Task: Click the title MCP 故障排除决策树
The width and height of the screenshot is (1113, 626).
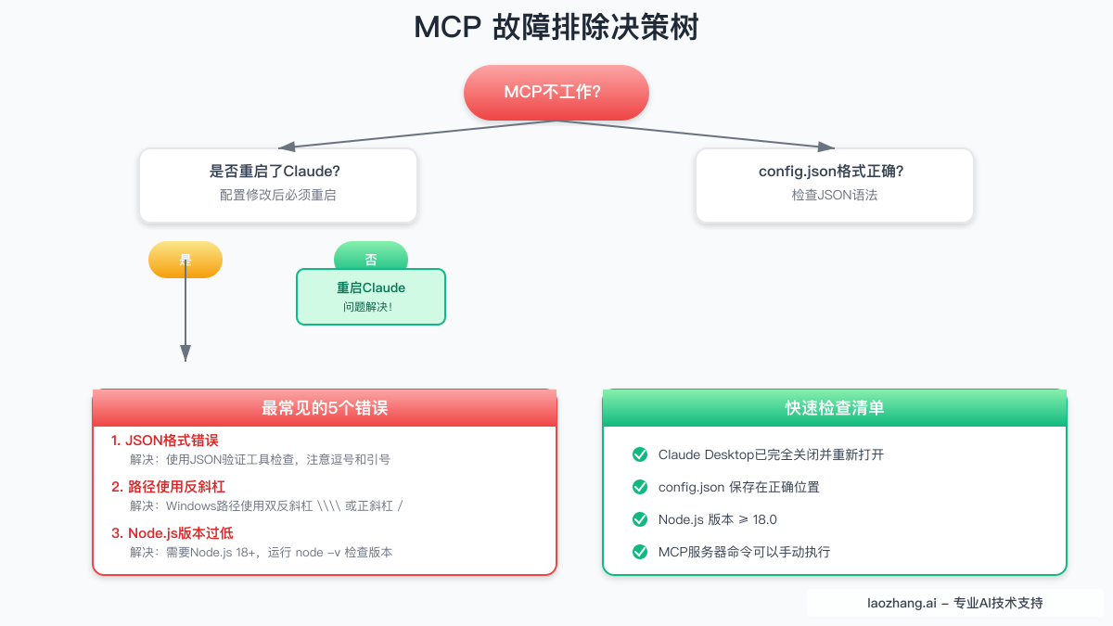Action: pos(556,28)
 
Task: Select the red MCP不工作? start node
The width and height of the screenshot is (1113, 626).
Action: pos(556,92)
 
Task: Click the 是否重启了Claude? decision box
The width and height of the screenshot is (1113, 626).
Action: pos(278,185)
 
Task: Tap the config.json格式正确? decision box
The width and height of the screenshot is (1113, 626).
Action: pos(834,185)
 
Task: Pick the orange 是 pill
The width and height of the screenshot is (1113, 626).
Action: pos(185,260)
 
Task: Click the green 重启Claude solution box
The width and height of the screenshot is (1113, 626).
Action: pos(371,297)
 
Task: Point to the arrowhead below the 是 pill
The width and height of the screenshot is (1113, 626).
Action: pos(185,352)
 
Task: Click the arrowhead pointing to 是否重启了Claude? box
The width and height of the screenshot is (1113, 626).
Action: pos(287,147)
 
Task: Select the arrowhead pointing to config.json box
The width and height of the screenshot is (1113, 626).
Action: pos(825,147)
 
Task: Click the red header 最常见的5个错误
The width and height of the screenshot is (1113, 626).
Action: pos(325,408)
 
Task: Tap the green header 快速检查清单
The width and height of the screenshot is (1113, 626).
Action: pos(835,408)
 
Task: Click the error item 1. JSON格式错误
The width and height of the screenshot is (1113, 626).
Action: pos(165,441)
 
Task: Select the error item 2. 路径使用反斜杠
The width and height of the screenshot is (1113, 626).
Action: pos(168,487)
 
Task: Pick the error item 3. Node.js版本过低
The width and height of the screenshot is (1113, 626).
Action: pos(173,533)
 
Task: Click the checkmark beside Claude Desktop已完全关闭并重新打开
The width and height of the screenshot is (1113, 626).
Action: pos(639,454)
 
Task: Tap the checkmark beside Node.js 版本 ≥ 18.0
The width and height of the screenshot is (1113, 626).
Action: pos(639,519)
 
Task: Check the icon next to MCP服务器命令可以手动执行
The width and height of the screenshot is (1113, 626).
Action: pos(639,552)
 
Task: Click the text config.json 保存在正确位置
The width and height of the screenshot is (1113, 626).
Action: pos(738,487)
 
